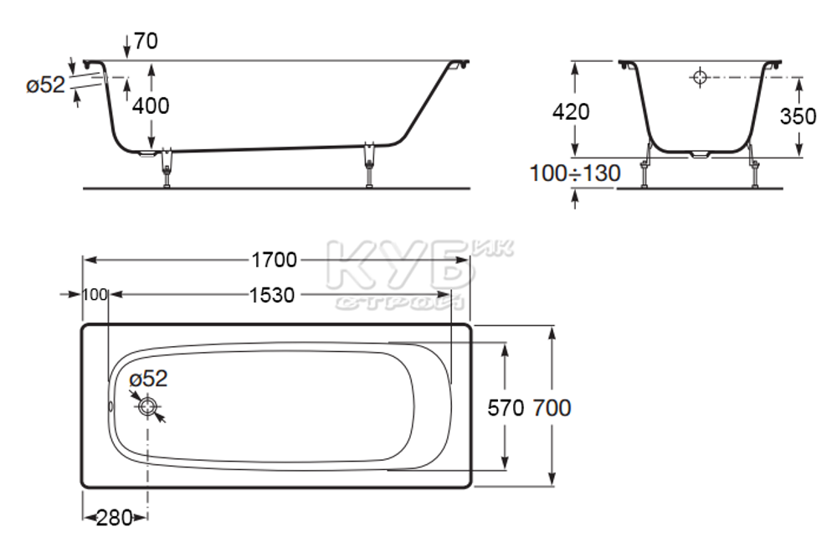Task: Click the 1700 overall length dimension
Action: point(274,260)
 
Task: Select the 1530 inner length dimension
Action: point(272,295)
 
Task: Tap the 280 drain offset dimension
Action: point(115,518)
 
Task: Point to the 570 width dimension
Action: point(506,408)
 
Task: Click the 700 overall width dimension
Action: point(552,408)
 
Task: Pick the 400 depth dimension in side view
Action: point(151,106)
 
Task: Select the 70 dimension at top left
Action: point(146,41)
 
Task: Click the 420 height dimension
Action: point(571,111)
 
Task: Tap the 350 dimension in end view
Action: point(798,116)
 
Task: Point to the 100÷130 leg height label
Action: point(575,173)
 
